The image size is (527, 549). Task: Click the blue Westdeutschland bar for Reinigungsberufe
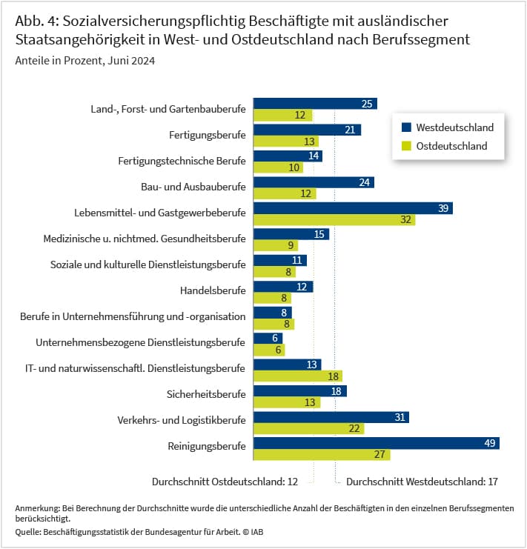(377, 443)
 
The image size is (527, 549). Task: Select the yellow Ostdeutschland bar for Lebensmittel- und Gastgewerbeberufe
(334, 219)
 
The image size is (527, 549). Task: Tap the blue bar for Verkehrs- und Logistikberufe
(331, 417)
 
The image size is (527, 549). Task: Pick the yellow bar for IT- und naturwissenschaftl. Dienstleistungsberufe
(298, 376)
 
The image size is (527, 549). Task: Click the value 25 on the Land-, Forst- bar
(367, 104)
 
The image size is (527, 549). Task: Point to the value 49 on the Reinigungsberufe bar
(489, 443)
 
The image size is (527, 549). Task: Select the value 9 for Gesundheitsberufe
(291, 245)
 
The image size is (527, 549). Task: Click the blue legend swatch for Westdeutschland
(406, 127)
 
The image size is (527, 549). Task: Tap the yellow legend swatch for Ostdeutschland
(406, 146)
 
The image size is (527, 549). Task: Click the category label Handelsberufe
(213, 290)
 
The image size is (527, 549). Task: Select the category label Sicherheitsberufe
(206, 394)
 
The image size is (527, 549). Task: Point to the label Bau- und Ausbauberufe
(193, 187)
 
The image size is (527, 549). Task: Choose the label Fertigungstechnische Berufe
(182, 161)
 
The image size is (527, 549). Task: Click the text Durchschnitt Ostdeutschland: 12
(225, 482)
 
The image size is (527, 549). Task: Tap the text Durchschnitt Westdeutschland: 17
(422, 482)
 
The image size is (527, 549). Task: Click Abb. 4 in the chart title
(37, 21)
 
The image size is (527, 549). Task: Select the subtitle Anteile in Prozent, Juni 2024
(84, 61)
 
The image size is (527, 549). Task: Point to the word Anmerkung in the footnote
(38, 508)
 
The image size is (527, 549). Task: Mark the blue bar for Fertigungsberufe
(307, 130)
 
